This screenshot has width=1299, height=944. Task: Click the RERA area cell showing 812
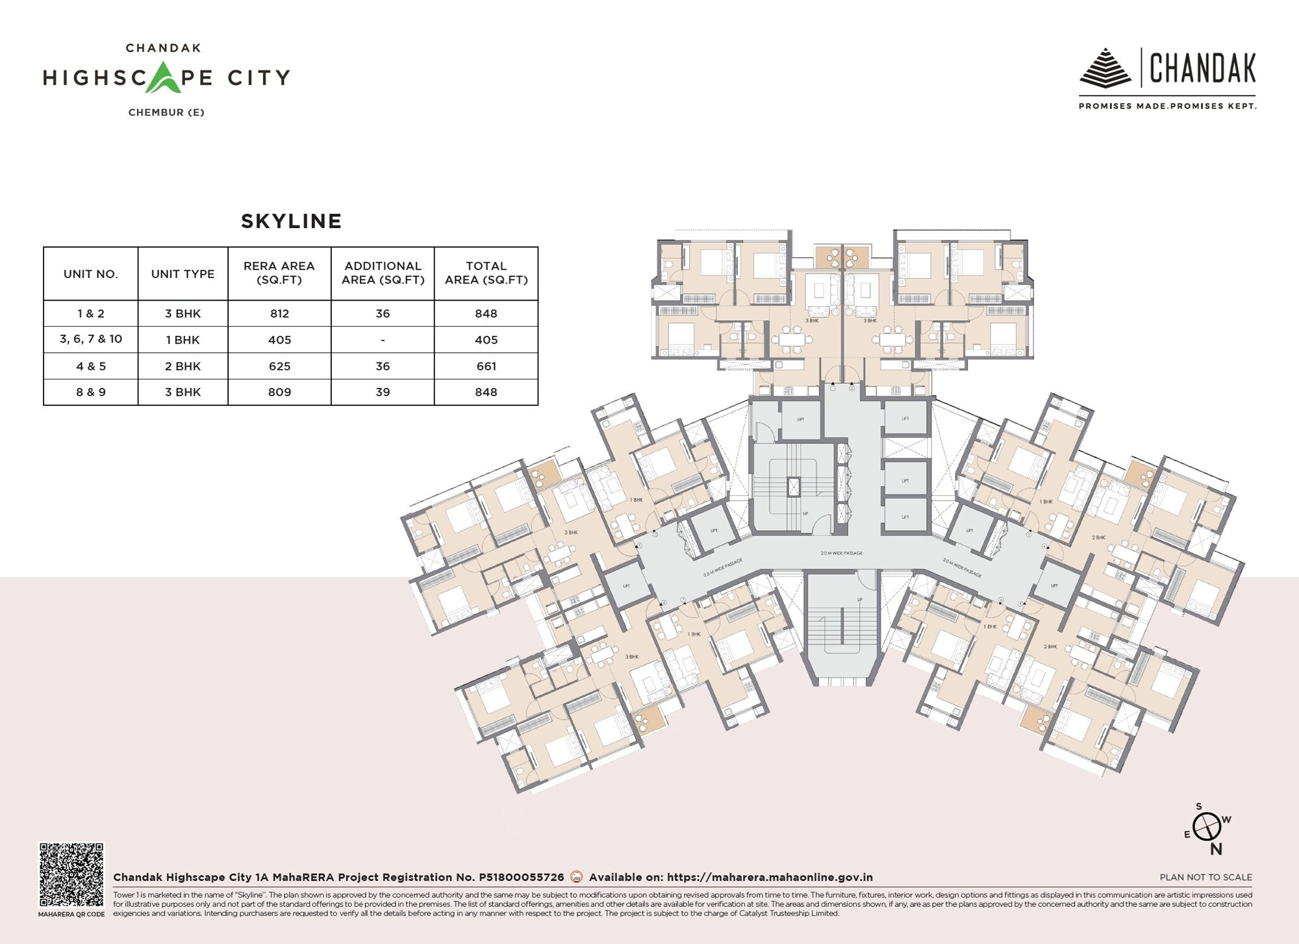pyautogui.click(x=279, y=313)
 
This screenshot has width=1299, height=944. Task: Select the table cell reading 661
pyautogui.click(x=486, y=366)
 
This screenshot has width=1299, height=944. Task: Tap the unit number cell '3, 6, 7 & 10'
pyautogui.click(x=91, y=339)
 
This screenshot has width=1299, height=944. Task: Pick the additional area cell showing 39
pyautogui.click(x=383, y=392)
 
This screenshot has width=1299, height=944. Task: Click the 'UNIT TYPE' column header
pyautogui.click(x=183, y=274)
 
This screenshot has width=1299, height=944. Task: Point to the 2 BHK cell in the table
pyautogui.click(x=183, y=366)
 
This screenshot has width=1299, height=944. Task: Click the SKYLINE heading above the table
pyautogui.click(x=291, y=221)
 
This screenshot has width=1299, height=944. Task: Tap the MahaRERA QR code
pyautogui.click(x=71, y=874)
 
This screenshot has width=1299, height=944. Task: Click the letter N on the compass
pyautogui.click(x=1216, y=849)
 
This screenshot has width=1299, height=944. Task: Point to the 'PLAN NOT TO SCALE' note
pyautogui.click(x=1205, y=877)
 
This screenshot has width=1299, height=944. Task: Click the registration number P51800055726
pyautogui.click(x=521, y=877)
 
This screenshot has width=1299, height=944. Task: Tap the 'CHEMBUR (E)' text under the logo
pyautogui.click(x=166, y=112)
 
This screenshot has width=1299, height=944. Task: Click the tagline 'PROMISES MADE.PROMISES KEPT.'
pyautogui.click(x=1167, y=106)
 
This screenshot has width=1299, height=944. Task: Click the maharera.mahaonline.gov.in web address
pyautogui.click(x=770, y=877)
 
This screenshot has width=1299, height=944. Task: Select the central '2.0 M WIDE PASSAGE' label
pyautogui.click(x=841, y=553)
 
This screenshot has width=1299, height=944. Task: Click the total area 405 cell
pyautogui.click(x=486, y=340)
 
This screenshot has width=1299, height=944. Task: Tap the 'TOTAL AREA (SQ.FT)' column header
pyautogui.click(x=486, y=273)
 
